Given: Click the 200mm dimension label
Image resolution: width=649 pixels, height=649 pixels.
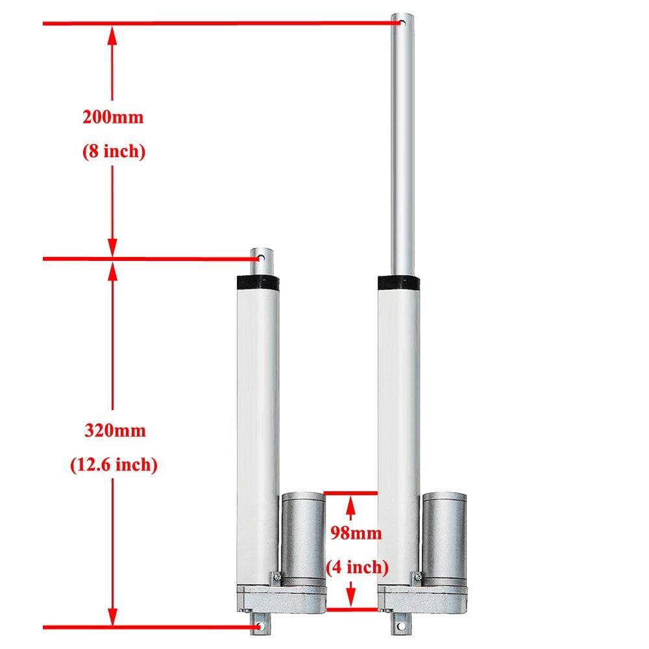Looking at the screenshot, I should pos(112,117).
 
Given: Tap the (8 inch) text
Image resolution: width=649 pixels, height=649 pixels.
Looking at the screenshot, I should pos(113,151).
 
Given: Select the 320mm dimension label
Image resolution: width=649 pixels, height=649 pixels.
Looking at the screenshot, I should pos(115,430).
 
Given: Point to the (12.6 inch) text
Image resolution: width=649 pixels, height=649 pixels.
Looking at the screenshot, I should pos(114,464).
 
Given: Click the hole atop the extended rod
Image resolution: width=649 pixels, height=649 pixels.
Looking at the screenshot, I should pos(402,24).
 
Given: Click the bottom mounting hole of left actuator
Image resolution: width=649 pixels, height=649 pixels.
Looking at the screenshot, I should pos(260,627).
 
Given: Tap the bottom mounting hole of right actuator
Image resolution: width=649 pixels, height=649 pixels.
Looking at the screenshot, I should pos(400,627).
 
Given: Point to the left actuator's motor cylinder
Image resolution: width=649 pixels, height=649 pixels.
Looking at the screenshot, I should pos(303,532).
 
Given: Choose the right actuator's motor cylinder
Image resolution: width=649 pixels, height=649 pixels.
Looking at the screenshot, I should pos(444,532).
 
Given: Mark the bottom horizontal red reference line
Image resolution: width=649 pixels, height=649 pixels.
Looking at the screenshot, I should pos(149,628).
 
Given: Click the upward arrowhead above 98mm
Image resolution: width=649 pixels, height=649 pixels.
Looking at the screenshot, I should pos(351,503).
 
